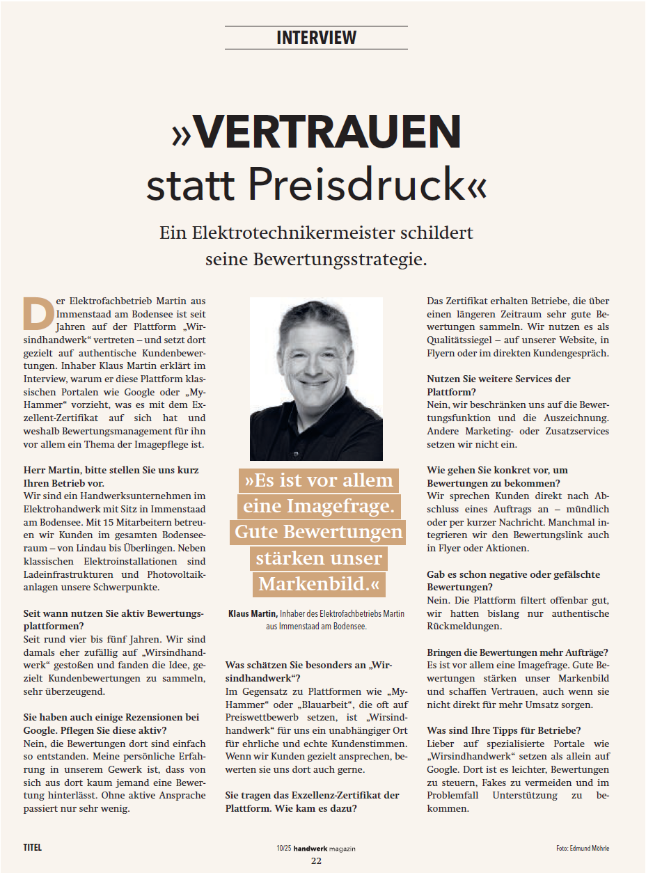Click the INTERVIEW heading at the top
tap(316, 38)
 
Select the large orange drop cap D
tap(38, 313)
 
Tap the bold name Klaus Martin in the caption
tap(253, 613)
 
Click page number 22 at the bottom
tap(316, 860)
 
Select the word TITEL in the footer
tap(32, 847)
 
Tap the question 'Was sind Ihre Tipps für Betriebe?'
tap(504, 730)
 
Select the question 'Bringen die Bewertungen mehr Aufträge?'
tap(517, 652)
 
